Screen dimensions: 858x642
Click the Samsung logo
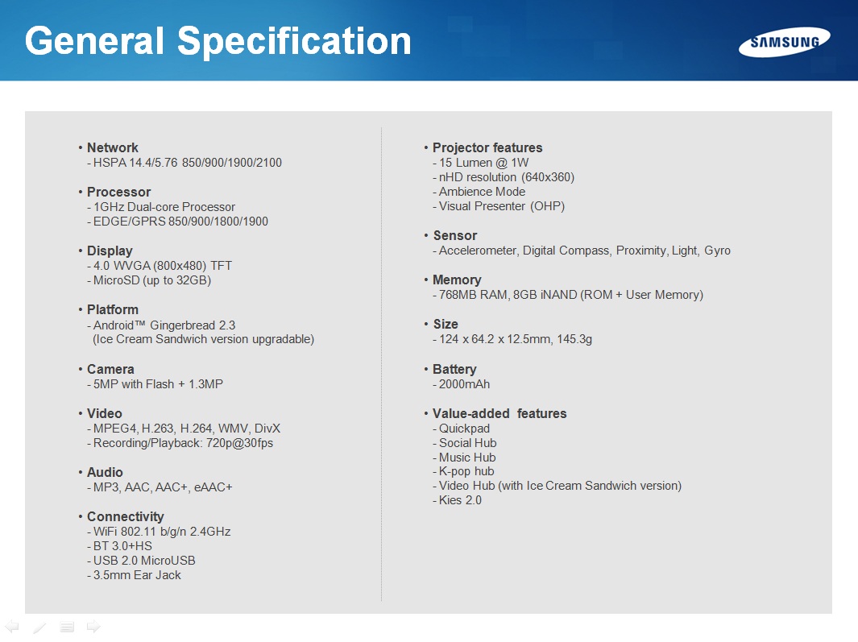pos(784,42)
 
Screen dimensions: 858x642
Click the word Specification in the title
pos(294,42)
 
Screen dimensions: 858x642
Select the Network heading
pos(112,147)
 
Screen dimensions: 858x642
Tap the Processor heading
pos(118,192)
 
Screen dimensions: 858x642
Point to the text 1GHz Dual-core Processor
pos(164,207)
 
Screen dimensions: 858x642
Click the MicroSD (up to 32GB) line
pos(152,280)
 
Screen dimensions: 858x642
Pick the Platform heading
pos(113,310)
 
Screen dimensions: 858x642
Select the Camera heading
pos(110,370)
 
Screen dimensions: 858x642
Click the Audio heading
pos(105,472)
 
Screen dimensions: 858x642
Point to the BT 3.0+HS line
pos(122,546)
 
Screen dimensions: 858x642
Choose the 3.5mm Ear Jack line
pos(137,575)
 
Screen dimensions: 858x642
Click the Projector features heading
pos(487,147)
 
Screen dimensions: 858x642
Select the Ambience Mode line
pos(482,192)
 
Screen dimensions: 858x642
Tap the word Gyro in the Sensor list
pos(717,251)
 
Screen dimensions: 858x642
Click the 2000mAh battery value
pos(465,384)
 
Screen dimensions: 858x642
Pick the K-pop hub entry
pos(466,471)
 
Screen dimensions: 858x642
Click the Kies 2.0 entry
pos(460,500)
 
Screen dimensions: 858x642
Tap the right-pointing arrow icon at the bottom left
pos(93,627)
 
